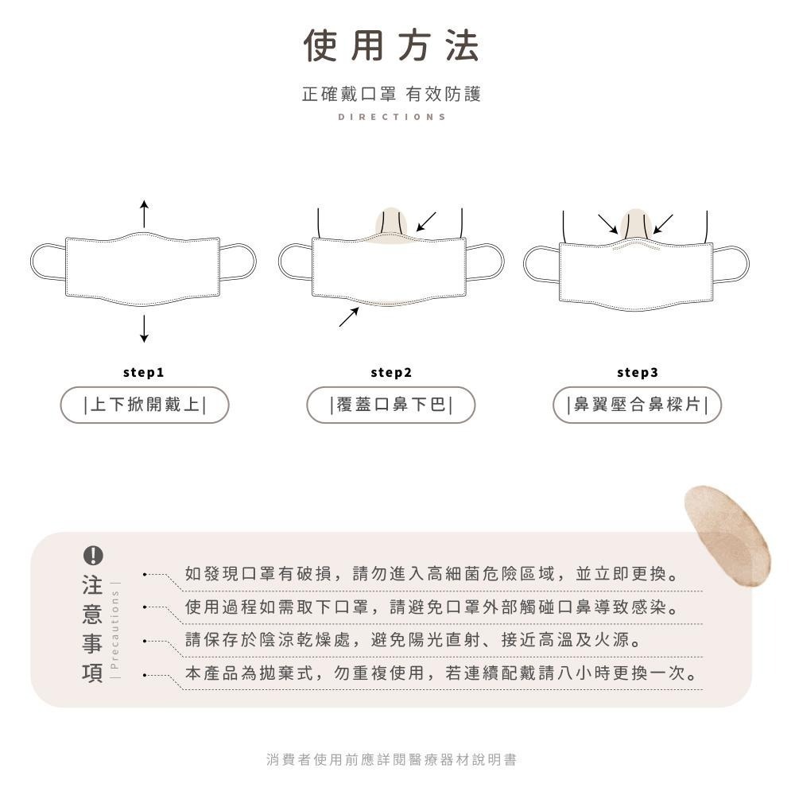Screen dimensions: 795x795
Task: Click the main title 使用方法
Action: click(392, 45)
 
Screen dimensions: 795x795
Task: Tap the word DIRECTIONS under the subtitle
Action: click(392, 117)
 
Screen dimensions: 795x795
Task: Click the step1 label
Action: click(144, 372)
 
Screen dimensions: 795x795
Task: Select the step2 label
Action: click(391, 372)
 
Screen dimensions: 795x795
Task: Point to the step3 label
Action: click(637, 372)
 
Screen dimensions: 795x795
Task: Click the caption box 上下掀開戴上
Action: click(145, 405)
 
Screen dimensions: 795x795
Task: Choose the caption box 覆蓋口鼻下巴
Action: click(391, 405)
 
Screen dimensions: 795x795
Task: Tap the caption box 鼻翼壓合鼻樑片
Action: click(637, 405)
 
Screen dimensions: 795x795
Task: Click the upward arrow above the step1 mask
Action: click(144, 213)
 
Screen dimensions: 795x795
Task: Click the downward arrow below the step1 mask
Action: click(144, 328)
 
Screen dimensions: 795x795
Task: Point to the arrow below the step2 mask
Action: click(348, 316)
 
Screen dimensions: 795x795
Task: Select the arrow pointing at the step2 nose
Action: click(426, 221)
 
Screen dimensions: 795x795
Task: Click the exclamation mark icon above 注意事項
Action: click(93, 555)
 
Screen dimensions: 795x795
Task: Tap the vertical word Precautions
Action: click(115, 630)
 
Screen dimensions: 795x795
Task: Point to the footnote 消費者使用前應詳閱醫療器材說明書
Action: click(391, 760)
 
